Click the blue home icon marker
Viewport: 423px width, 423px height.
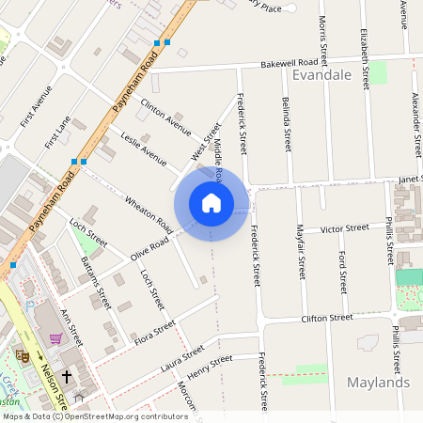click(x=211, y=202)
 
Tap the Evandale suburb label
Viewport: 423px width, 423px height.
click(x=322, y=75)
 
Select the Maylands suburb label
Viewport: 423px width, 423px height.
click(x=378, y=383)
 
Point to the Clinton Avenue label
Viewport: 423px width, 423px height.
click(x=165, y=112)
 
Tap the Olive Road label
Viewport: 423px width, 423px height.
click(x=149, y=249)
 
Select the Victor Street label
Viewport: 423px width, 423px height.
click(x=344, y=228)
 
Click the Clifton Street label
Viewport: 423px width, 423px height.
click(x=326, y=319)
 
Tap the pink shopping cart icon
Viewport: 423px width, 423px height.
click(x=55, y=338)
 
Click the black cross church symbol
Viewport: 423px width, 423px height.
click(x=66, y=377)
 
